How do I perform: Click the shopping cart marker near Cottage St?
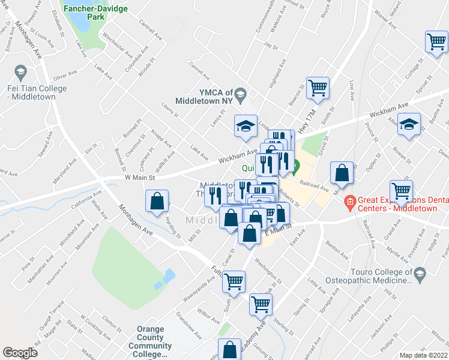point(436,42)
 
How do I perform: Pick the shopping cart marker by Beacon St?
point(318,88)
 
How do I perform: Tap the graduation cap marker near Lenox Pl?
point(246,126)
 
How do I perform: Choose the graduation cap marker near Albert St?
point(409,124)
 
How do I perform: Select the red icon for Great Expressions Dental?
point(349,202)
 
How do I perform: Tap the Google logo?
point(20,353)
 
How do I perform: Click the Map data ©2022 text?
point(423,355)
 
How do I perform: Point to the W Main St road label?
point(140,178)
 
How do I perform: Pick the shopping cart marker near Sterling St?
point(261,305)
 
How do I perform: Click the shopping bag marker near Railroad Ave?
point(342,173)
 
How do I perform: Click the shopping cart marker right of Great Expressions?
point(401,191)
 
